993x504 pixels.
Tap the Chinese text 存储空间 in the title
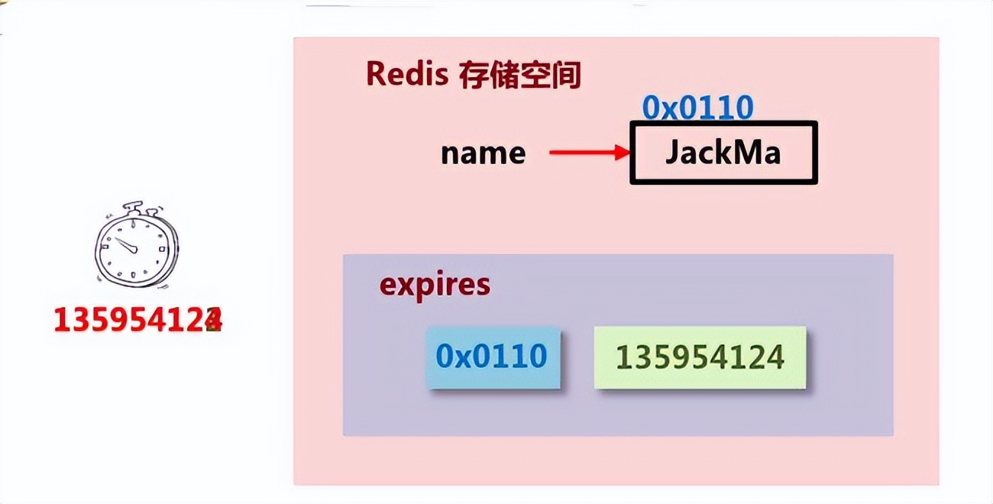(x=519, y=75)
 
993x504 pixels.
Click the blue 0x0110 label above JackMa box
(x=697, y=108)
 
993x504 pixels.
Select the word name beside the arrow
(x=483, y=153)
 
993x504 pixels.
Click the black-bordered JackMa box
(x=723, y=153)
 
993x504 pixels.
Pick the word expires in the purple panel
(x=435, y=285)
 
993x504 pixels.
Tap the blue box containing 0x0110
(x=492, y=357)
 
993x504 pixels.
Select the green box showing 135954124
(x=700, y=357)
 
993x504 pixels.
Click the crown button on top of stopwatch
(x=134, y=206)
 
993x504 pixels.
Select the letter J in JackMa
(x=671, y=153)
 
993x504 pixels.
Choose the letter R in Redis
(x=375, y=74)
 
